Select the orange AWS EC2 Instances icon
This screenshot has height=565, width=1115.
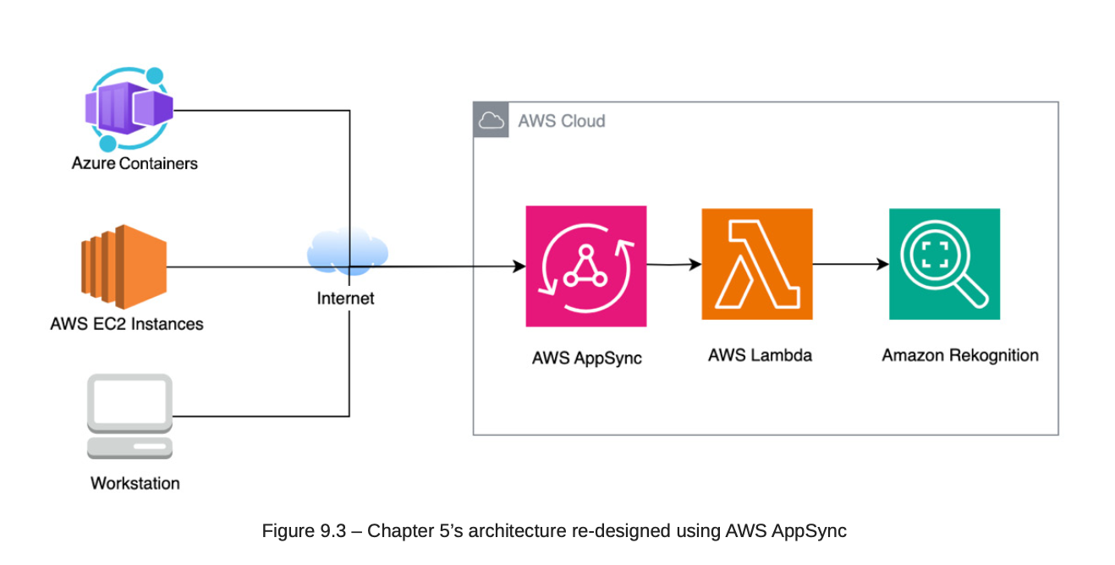coord(124,266)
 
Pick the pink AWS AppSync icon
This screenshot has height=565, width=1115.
coord(585,266)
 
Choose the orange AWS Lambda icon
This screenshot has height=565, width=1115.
coord(756,264)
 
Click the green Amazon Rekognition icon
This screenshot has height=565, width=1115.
coord(944,264)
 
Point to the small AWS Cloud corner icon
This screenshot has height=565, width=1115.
coord(491,120)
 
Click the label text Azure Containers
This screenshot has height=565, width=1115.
coord(135,163)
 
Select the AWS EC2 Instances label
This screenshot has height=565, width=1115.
coord(127,324)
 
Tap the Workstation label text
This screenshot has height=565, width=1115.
coord(135,484)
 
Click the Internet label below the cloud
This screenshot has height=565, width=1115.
coord(345,299)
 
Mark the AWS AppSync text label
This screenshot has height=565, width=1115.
coord(586,358)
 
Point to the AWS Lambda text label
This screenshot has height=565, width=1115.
coord(760,355)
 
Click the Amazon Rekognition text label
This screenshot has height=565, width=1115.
coord(960,355)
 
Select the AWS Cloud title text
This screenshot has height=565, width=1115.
coord(562,121)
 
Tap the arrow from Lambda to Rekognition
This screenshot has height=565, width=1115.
coord(850,264)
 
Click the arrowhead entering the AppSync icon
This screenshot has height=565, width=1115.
coord(519,267)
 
